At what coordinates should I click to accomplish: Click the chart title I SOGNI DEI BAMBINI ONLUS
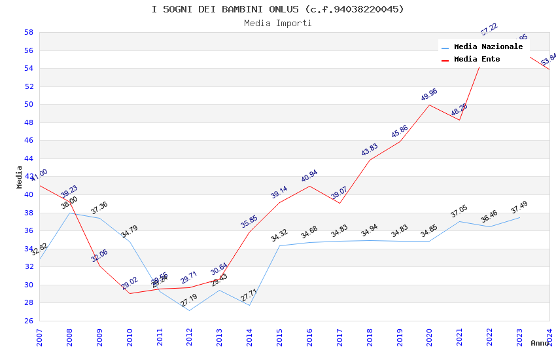(x=277, y=9)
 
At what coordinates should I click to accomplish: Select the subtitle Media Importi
(x=277, y=23)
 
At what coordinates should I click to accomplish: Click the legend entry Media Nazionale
(x=488, y=47)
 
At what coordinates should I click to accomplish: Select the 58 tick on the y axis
(x=29, y=32)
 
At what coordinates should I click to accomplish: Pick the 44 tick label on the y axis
(x=29, y=158)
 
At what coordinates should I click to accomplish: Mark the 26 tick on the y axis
(x=29, y=321)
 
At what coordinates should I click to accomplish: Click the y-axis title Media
(x=20, y=177)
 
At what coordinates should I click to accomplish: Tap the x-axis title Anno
(x=540, y=343)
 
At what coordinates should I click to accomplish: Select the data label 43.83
(x=370, y=150)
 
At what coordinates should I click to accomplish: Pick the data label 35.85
(x=249, y=222)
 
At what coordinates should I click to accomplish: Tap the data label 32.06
(x=99, y=256)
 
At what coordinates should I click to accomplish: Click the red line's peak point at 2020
(x=429, y=105)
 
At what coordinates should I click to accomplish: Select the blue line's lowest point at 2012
(x=189, y=310)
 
